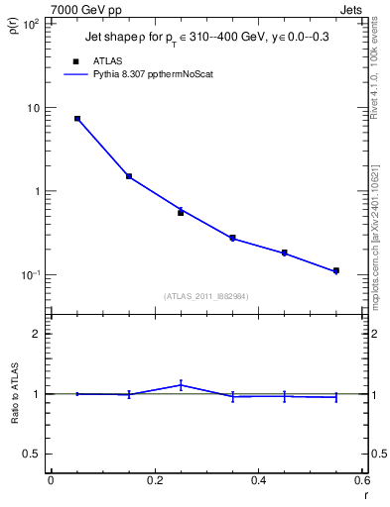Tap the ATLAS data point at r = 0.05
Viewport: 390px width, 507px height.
pyautogui.click(x=76, y=118)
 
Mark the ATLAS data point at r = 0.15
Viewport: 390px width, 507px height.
pyautogui.click(x=129, y=176)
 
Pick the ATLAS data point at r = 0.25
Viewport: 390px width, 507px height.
pyautogui.click(x=181, y=212)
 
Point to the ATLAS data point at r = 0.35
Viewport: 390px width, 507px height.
pyautogui.click(x=232, y=238)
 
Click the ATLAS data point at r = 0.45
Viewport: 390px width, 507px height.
pyautogui.click(x=284, y=253)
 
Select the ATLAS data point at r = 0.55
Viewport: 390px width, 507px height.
pyautogui.click(x=336, y=270)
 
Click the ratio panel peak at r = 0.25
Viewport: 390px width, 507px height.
pyautogui.click(x=181, y=384)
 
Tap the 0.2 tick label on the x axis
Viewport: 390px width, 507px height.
pyautogui.click(x=154, y=480)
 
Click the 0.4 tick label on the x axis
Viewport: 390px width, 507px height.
pyautogui.click(x=258, y=480)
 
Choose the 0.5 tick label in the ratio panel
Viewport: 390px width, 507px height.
pyautogui.click(x=31, y=454)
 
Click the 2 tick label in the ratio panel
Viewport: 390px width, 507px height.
pyautogui.click(x=35, y=334)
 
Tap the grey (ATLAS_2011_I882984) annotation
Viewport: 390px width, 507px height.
pyautogui.click(x=206, y=296)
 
